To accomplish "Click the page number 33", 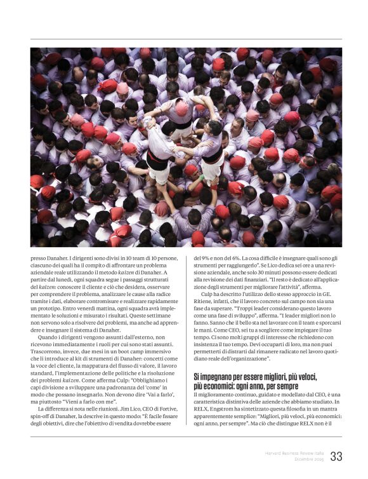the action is tap(336, 456).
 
